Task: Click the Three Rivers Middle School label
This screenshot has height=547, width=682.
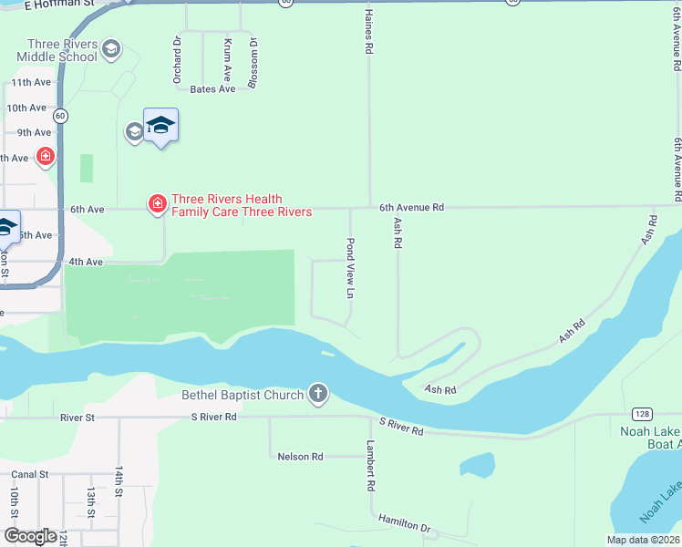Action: coord(62,50)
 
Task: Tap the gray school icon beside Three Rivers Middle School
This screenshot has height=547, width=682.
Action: coord(111,48)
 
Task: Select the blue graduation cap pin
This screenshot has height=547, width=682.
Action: coord(160,127)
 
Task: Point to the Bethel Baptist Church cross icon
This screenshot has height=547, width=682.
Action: coord(317,394)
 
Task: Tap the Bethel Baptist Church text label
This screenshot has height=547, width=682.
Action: coord(243,395)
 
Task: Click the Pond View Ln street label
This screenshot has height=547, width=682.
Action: coord(349,269)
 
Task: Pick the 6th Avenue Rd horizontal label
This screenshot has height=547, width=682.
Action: coord(411,207)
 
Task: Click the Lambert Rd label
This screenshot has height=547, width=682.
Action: coord(371,466)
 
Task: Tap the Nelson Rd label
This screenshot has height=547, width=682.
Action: coord(301,456)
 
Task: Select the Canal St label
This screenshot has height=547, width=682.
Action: coord(29,474)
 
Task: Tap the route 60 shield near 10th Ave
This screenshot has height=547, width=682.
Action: coord(60,116)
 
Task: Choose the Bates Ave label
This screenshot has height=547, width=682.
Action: coord(212,88)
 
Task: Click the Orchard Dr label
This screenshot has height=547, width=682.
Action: coord(178,59)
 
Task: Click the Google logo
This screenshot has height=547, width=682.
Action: coord(30,536)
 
